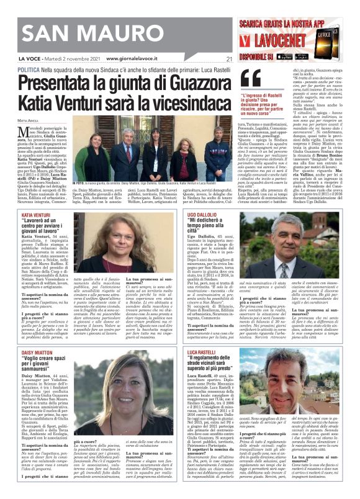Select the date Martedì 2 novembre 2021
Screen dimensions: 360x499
click(x=71, y=59)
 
